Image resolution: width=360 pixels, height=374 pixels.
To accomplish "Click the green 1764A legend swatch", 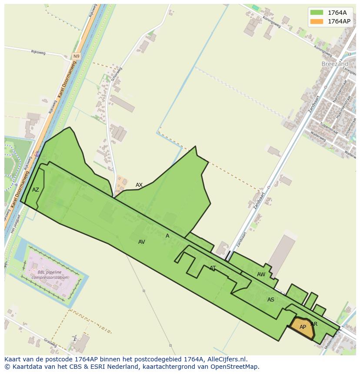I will [x=317, y=13].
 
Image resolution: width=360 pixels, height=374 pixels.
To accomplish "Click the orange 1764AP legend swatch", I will [x=317, y=21].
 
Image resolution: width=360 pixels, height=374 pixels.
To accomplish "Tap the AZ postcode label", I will [x=36, y=190].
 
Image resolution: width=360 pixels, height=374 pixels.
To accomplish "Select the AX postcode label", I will [x=139, y=185].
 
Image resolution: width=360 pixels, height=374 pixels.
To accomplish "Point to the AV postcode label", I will [x=141, y=242].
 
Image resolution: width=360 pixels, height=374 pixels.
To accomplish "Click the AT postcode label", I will [x=213, y=268].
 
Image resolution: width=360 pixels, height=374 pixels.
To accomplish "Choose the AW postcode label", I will [x=261, y=275].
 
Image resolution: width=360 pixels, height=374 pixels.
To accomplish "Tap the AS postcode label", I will [x=271, y=300].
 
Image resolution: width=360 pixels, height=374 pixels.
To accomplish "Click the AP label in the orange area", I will [x=303, y=327].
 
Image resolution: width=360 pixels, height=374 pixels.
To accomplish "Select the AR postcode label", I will [x=314, y=324].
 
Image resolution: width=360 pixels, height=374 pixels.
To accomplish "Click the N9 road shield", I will [x=77, y=56].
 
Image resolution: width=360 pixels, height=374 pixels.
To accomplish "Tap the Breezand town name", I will [x=335, y=63].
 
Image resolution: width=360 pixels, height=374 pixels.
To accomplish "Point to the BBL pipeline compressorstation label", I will [x=53, y=275].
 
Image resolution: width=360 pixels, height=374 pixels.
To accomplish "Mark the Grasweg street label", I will [x=50, y=344].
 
